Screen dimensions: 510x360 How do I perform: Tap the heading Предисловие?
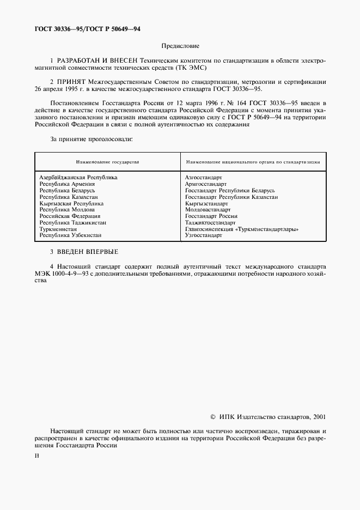coord(180,46)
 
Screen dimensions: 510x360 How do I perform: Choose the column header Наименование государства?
coord(107,162)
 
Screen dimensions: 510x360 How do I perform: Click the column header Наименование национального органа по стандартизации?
coord(253,162)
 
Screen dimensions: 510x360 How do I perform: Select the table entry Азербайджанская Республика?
coord(78,177)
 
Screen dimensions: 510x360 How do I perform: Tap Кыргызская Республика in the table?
coord(71,203)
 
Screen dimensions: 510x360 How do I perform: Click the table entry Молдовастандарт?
coord(208,210)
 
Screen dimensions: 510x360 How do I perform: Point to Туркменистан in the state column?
coord(58,229)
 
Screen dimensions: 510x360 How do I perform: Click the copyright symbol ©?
coord(213,417)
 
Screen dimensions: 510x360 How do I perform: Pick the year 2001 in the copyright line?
coord(319,417)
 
